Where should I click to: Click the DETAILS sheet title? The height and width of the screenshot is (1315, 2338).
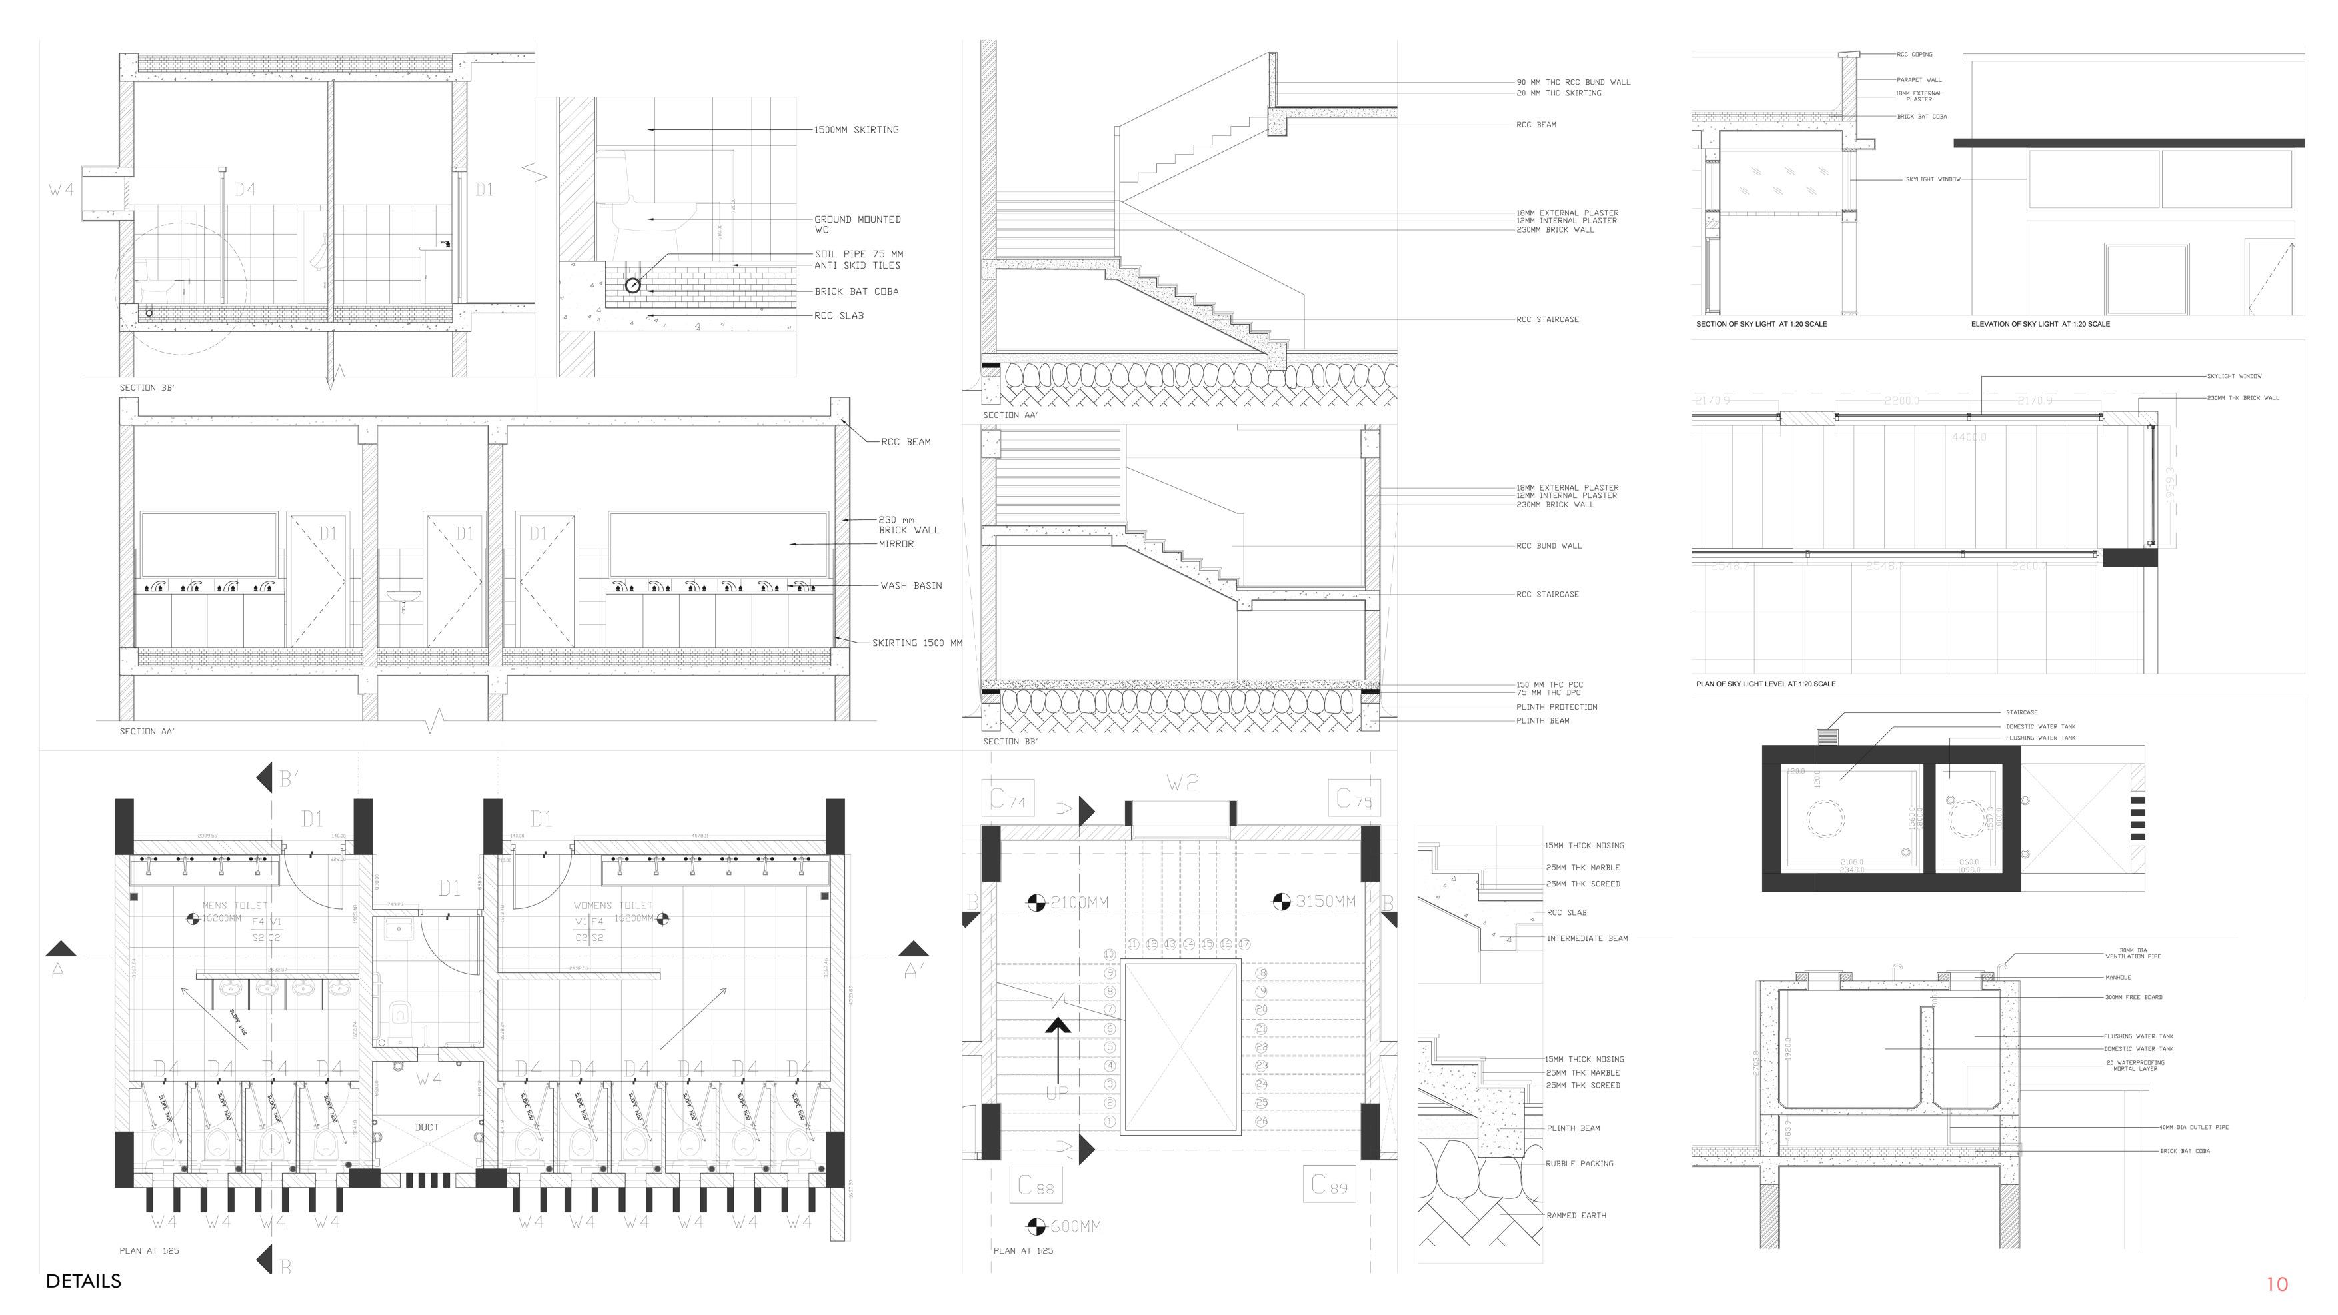83,1280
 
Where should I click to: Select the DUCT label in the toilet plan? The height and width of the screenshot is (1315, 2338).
427,1127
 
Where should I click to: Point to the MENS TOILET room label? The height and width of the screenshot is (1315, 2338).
235,906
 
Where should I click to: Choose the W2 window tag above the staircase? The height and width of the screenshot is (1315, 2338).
1182,783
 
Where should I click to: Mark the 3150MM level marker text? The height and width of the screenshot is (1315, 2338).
1325,901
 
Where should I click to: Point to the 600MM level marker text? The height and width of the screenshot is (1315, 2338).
1076,1227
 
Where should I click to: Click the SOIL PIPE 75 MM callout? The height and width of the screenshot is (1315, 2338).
858,254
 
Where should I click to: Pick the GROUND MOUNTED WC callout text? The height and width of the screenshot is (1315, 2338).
857,224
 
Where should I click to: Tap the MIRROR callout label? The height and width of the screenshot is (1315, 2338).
896,544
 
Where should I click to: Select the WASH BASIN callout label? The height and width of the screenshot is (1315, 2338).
911,585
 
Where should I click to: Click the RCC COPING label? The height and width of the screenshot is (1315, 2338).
1914,55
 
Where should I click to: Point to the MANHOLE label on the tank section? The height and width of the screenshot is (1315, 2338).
2117,977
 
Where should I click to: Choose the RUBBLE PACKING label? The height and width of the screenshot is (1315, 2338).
1580,1164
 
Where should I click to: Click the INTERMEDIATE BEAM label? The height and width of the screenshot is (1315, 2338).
1586,938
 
